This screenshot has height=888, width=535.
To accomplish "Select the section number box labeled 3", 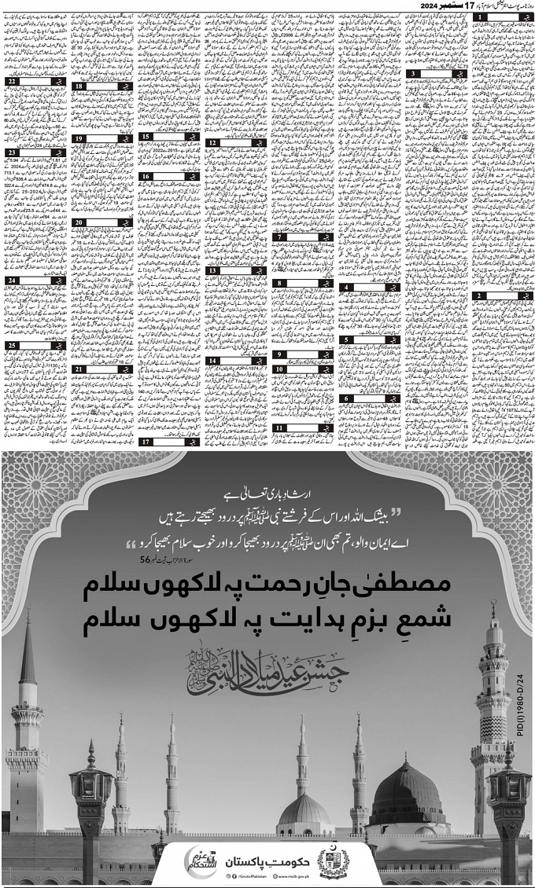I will [414, 73].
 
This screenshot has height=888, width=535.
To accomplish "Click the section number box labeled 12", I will [213, 143].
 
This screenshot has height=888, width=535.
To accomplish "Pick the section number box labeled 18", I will [80, 86].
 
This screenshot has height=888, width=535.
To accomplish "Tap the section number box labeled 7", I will [279, 237].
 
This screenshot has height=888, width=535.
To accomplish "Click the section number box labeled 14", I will [213, 361].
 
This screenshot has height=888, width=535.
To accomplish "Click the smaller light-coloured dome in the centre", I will [304, 809].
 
